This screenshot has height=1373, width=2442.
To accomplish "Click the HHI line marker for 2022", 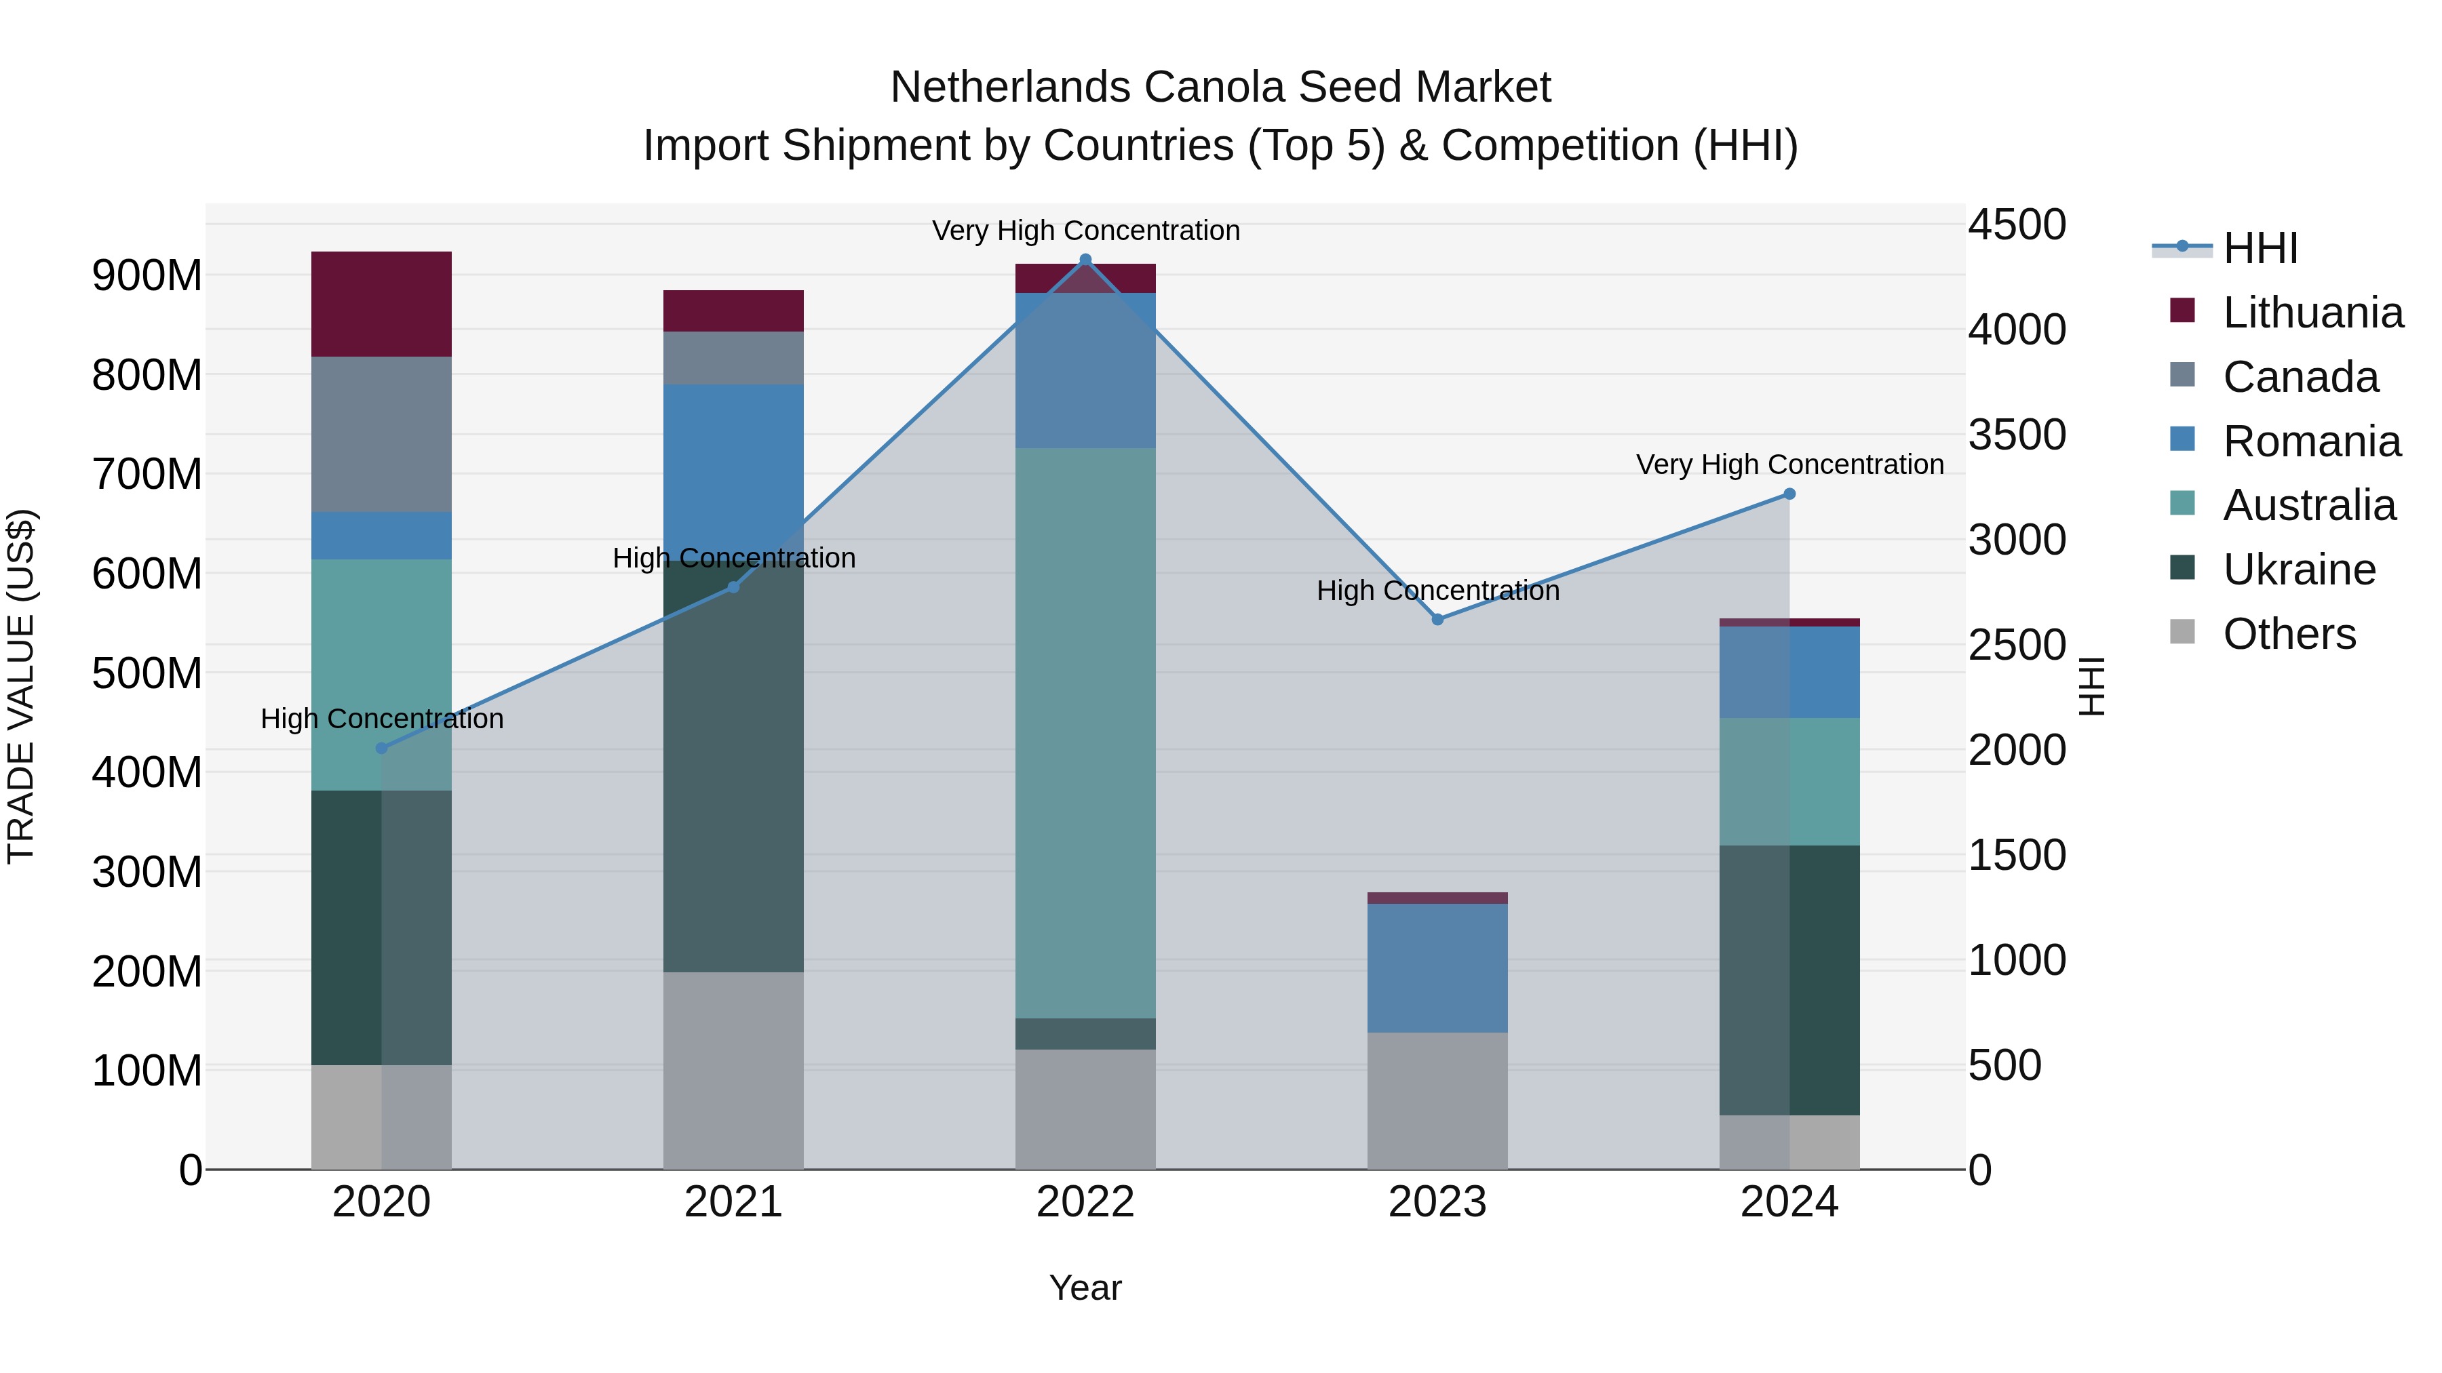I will (x=1085, y=260).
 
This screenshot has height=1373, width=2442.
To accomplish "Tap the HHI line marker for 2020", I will (x=381, y=748).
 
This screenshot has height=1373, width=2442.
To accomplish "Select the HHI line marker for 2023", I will (x=1437, y=619).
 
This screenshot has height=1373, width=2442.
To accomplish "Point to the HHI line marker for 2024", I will (x=1789, y=494).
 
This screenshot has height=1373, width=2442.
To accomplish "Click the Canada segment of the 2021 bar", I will (x=733, y=357).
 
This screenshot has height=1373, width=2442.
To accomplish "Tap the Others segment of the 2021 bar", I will (x=733, y=1070).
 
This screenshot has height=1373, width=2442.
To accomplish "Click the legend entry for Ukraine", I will (x=2299, y=570).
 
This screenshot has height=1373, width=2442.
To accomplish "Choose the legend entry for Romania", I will (x=2311, y=441).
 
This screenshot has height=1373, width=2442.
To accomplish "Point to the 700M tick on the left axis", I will (x=147, y=474).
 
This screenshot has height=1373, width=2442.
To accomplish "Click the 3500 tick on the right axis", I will (x=2017, y=435).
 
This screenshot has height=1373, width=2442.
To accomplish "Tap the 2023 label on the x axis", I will (x=1437, y=1202).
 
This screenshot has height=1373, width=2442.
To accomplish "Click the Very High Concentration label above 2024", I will (x=1789, y=464).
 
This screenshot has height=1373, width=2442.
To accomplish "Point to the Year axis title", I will (x=1085, y=1288).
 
